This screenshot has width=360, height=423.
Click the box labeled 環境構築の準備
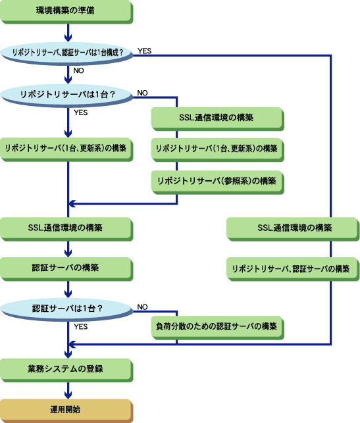click(x=66, y=11)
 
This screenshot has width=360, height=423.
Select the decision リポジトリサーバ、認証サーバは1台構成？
click(x=66, y=53)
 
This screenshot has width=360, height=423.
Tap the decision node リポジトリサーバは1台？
click(x=66, y=95)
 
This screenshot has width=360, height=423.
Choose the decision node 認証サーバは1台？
click(x=66, y=309)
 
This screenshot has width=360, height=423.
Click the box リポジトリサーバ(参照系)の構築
click(x=217, y=182)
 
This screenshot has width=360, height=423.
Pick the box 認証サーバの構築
click(x=66, y=269)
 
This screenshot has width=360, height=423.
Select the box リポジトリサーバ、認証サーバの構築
click(x=293, y=269)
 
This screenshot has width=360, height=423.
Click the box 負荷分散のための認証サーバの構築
click(x=217, y=328)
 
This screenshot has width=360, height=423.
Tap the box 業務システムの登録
click(x=66, y=370)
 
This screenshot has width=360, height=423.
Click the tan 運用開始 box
click(x=66, y=411)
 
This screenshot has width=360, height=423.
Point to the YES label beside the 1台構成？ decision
click(x=144, y=51)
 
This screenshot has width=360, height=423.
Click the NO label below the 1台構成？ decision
click(x=78, y=70)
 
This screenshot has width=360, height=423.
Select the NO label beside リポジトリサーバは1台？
click(x=143, y=93)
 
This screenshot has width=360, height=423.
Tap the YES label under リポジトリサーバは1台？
click(x=81, y=112)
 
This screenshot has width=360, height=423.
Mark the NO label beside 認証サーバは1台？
click(x=143, y=307)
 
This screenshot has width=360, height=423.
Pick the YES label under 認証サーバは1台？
click(x=81, y=327)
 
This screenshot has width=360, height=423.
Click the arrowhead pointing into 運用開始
click(x=68, y=395)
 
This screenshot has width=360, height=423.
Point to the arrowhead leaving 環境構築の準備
click(x=68, y=38)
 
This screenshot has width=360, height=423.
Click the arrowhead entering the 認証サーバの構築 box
click(x=68, y=253)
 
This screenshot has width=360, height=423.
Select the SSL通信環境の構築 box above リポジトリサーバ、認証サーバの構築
click(x=293, y=229)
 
